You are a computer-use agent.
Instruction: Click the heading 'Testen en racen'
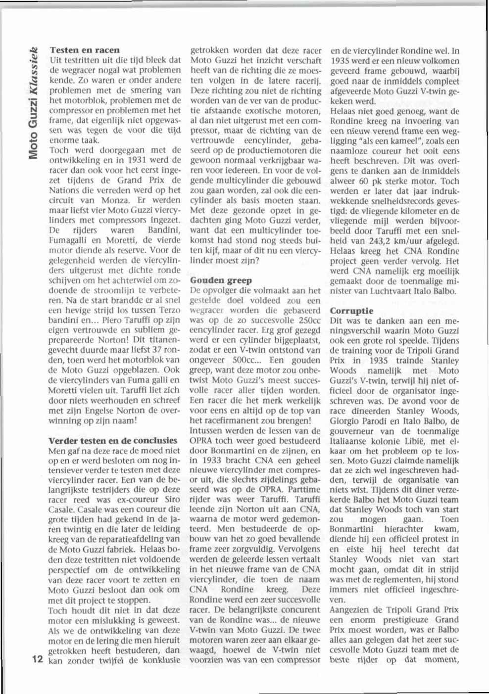pyautogui.click(x=84, y=50)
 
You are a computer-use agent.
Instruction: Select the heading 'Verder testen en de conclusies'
pyautogui.click(x=113, y=440)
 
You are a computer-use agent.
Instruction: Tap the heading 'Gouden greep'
pyautogui.click(x=221, y=280)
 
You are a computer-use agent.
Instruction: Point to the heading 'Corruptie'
pyautogui.click(x=351, y=311)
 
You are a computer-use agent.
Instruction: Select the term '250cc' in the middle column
pyautogui.click(x=308, y=321)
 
